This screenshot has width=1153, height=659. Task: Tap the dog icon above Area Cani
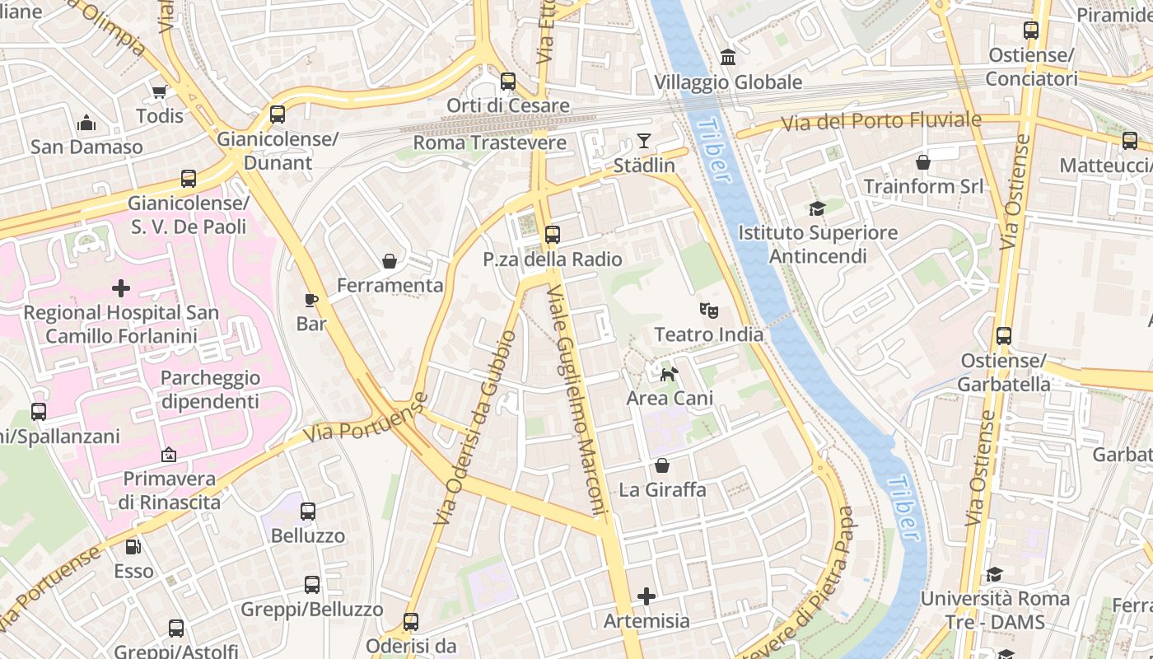(x=669, y=374)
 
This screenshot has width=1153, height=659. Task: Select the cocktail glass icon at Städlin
(x=644, y=141)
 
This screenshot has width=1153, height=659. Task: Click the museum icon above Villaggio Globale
(x=728, y=57)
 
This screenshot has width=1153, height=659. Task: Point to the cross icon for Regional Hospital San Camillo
(x=121, y=288)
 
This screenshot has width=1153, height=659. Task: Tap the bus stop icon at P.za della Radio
(x=552, y=235)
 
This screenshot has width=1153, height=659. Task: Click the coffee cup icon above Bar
(x=311, y=300)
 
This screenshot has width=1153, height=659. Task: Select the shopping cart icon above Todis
(x=159, y=91)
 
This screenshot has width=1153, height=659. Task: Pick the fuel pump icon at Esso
(x=133, y=546)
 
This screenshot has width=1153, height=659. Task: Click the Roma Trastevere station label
(x=489, y=143)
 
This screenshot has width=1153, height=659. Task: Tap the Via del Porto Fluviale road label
(x=880, y=121)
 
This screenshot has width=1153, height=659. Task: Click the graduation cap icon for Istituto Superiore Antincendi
(x=817, y=209)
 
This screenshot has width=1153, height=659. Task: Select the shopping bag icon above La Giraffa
(x=662, y=465)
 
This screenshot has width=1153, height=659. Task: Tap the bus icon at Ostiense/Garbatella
(x=1003, y=336)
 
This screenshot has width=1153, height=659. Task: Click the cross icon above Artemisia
(x=647, y=596)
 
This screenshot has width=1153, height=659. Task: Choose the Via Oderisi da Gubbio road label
(x=476, y=427)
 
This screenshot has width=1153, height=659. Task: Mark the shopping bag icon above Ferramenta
(x=390, y=261)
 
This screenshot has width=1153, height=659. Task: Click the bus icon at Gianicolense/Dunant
(x=278, y=115)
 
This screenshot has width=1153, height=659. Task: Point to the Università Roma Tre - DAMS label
(x=995, y=610)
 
